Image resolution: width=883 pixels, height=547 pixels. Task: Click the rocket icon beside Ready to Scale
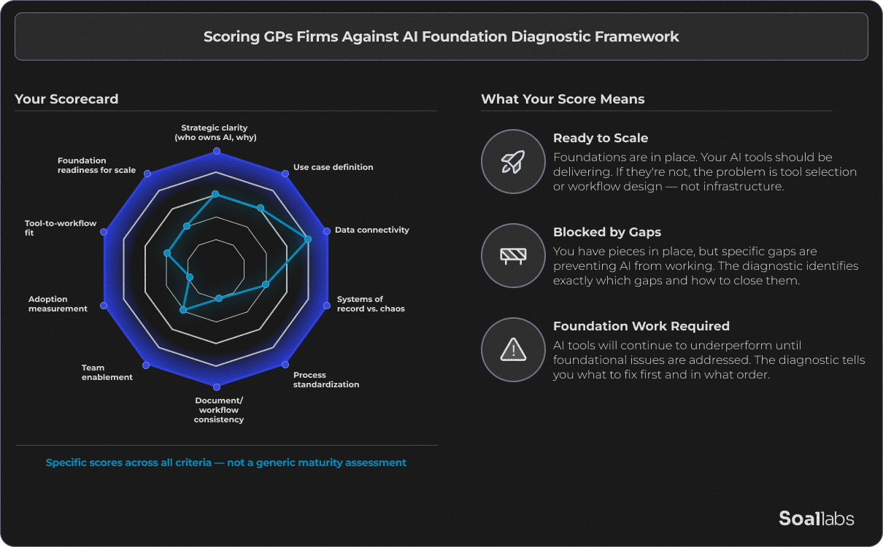[x=513, y=161]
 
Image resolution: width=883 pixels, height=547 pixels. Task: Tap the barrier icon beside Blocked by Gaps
[x=513, y=255]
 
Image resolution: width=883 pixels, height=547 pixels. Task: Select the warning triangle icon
[x=513, y=349]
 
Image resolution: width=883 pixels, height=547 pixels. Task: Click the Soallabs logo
[x=816, y=519]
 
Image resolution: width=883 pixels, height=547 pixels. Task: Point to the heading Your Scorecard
[x=66, y=99]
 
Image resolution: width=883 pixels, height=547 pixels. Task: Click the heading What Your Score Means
[x=563, y=99]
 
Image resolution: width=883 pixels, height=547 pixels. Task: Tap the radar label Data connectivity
[x=371, y=230]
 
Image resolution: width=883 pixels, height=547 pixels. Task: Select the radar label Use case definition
[x=333, y=167]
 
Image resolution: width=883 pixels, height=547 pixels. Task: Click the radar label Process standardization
[x=325, y=380]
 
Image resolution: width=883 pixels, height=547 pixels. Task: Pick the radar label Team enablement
[x=107, y=373]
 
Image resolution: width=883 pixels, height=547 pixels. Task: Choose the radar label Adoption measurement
[x=58, y=304]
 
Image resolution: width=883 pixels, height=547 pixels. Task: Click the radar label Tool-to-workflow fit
[x=61, y=228]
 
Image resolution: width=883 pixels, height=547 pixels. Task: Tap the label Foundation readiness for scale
[x=96, y=166]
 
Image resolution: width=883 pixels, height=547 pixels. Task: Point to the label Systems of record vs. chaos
[x=370, y=304]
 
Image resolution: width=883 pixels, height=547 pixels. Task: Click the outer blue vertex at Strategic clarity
[x=216, y=152]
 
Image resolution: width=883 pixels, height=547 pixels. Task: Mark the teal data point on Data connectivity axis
[x=307, y=239]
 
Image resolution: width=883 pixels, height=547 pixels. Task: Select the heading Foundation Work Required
[x=641, y=326]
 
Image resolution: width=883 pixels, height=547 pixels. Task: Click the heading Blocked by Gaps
[x=606, y=232]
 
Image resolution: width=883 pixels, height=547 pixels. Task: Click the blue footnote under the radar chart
[x=225, y=462]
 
